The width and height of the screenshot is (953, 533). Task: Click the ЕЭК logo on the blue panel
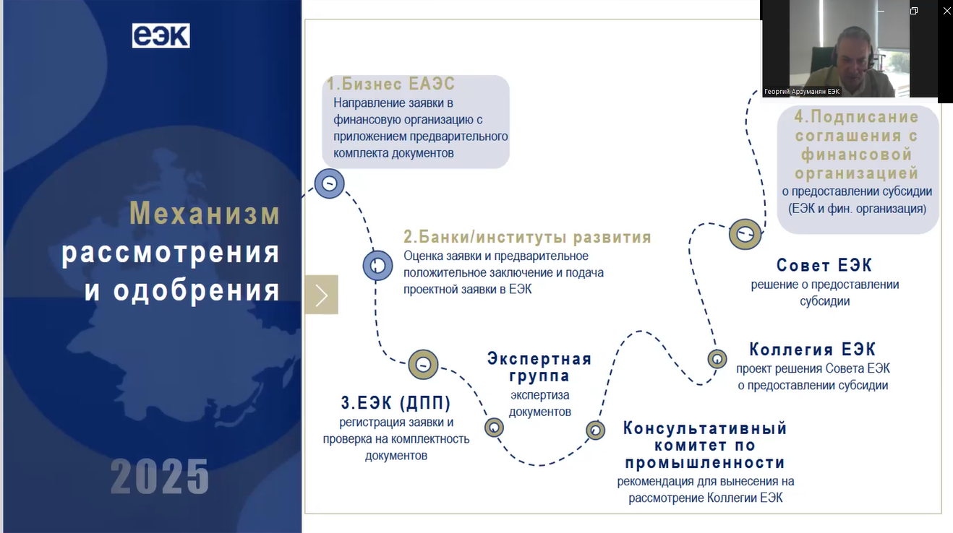pos(161,35)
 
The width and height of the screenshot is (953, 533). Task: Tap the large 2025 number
pos(160,477)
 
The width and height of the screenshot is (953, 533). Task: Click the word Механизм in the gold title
pos(205,212)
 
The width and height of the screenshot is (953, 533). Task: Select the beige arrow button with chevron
pos(321,295)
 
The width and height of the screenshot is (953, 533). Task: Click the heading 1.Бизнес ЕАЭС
pos(391,84)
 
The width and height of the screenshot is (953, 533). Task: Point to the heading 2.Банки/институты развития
pos(528,237)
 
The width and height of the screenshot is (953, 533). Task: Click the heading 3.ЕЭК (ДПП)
pos(396,402)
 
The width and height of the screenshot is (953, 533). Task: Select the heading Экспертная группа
pos(539,367)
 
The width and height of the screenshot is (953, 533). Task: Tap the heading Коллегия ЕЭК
pos(813,349)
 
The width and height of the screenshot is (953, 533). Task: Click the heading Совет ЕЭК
pos(824,265)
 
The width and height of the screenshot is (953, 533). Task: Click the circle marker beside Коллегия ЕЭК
pos(717,359)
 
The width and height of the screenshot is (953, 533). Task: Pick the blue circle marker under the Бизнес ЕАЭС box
pos(329,183)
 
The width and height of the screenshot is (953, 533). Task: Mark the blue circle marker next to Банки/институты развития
pos(377,266)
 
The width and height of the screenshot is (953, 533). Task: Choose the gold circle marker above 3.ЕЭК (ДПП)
pos(423,364)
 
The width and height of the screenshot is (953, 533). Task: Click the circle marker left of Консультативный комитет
pos(595,430)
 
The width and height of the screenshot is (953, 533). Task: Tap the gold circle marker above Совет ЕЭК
pos(745,234)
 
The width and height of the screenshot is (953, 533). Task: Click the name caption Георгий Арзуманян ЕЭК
pos(802,92)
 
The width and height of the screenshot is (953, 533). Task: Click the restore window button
pos(914,11)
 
